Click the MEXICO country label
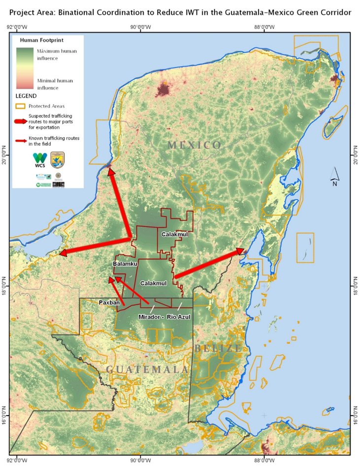pyautogui.click(x=194, y=145)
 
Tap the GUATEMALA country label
pyautogui.click(x=147, y=369)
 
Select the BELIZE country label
pyautogui.click(x=217, y=349)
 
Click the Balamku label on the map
pyautogui.click(x=125, y=264)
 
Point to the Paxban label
pyautogui.click(x=108, y=302)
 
